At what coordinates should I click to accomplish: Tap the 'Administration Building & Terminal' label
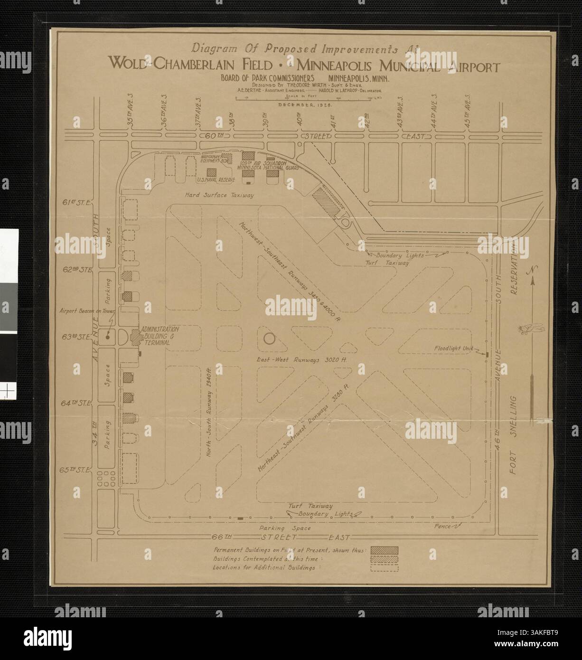click(x=158, y=335)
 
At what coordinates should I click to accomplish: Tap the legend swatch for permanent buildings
click(x=384, y=550)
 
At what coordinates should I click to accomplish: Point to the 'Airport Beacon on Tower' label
click(x=85, y=311)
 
